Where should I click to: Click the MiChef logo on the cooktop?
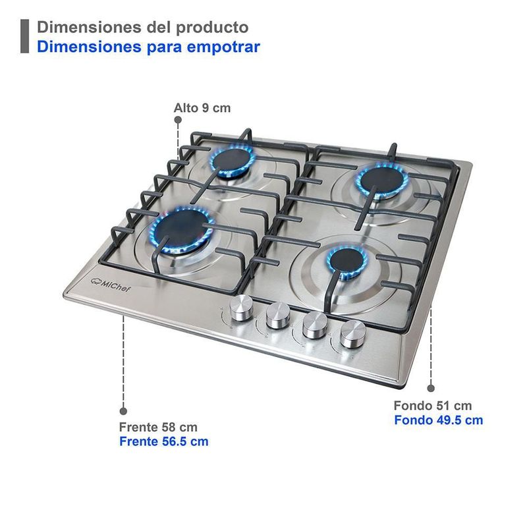(111, 285)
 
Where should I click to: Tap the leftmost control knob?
(241, 307)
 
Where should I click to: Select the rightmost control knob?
(353, 333)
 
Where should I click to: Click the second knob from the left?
(278, 315)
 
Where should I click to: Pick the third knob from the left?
(315, 324)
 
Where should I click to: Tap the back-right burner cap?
(383, 180)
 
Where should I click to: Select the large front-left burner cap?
(182, 229)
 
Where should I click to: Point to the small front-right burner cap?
(347, 260)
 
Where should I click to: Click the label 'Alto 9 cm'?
(202, 108)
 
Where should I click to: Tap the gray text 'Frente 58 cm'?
(158, 427)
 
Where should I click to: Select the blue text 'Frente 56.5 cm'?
(163, 441)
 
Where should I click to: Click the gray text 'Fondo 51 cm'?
(433, 405)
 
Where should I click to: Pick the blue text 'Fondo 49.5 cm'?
(438, 420)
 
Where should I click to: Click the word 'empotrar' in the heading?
(223, 47)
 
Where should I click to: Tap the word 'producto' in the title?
(212, 28)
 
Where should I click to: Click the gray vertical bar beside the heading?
(24, 36)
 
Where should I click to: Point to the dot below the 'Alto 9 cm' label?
(178, 120)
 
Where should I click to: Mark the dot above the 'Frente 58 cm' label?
(123, 411)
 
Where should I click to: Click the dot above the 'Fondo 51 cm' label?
(431, 388)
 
